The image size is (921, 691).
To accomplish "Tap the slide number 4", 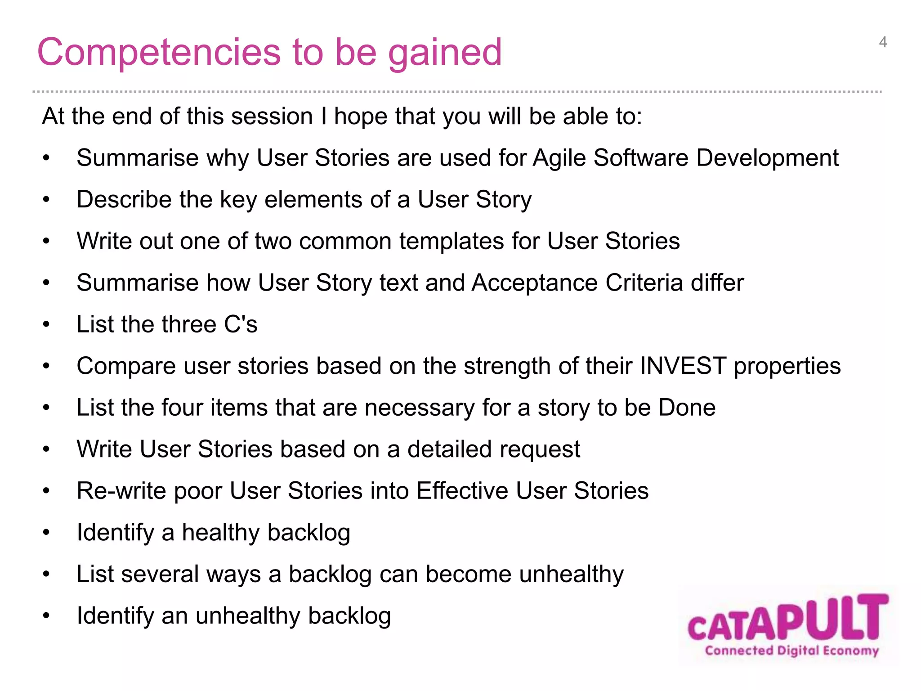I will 883,42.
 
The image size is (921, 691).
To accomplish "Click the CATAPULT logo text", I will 788,619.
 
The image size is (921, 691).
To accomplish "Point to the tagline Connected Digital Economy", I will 791,651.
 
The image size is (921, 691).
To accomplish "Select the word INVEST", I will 683,365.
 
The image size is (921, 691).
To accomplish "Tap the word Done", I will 687,408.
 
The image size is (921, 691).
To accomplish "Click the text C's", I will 241,324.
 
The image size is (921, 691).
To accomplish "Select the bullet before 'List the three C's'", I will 46,325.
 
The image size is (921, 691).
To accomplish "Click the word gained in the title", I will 444,53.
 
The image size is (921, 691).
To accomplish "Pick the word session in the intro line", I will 272,117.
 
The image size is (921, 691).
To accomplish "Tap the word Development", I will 767,158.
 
